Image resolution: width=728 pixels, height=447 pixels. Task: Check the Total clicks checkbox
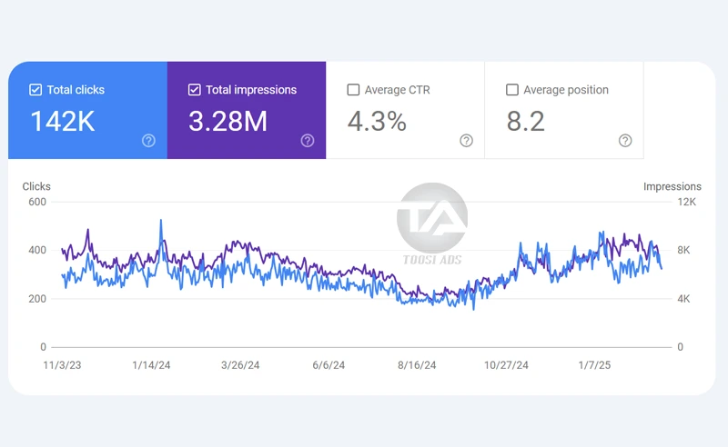point(35,90)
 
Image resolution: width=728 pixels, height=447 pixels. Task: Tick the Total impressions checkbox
point(194,90)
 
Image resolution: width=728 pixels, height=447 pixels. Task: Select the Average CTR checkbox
point(353,90)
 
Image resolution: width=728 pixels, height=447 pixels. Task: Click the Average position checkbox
point(512,90)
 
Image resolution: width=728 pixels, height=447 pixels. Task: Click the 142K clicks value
point(62,122)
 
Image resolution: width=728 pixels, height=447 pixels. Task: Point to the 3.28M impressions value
point(227,122)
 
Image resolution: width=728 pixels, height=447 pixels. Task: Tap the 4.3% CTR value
point(377,122)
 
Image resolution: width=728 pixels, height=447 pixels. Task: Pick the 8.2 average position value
point(525,122)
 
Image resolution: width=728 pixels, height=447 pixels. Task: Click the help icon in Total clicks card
point(148,140)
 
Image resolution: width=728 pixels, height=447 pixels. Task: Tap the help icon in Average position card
point(625,140)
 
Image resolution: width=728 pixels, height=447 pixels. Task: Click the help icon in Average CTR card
point(466,140)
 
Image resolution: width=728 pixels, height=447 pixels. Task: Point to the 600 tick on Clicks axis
point(36,202)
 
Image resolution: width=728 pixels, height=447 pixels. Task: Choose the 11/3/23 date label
point(63,365)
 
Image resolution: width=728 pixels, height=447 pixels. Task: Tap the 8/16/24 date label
point(417,365)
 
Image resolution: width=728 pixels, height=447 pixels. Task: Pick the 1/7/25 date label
point(595,365)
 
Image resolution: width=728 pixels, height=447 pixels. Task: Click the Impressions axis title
point(672,186)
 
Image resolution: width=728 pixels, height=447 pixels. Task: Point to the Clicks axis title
point(36,186)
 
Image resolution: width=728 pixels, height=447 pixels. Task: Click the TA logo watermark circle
point(431,218)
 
